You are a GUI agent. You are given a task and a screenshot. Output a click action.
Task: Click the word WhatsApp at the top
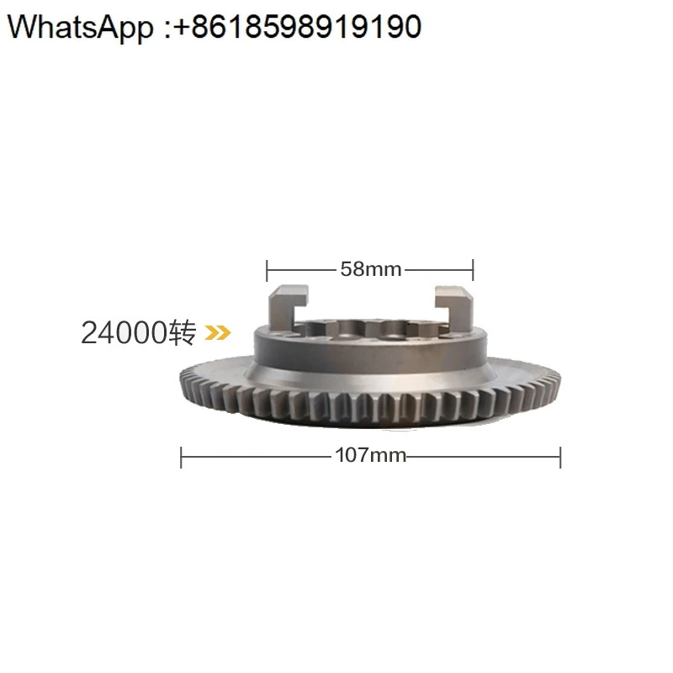click(x=80, y=27)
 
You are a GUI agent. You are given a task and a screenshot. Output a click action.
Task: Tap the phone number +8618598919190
click(x=298, y=27)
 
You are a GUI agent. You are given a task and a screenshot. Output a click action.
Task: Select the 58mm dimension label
click(x=371, y=269)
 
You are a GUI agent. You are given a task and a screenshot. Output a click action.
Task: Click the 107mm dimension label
click(x=370, y=455)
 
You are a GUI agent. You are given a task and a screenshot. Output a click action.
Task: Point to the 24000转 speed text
click(x=139, y=332)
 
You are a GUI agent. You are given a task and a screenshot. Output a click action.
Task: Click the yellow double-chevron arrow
click(x=218, y=332)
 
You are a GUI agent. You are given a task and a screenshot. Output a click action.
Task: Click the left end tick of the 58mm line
click(x=267, y=270)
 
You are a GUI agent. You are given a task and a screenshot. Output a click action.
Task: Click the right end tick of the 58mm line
click(x=473, y=269)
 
